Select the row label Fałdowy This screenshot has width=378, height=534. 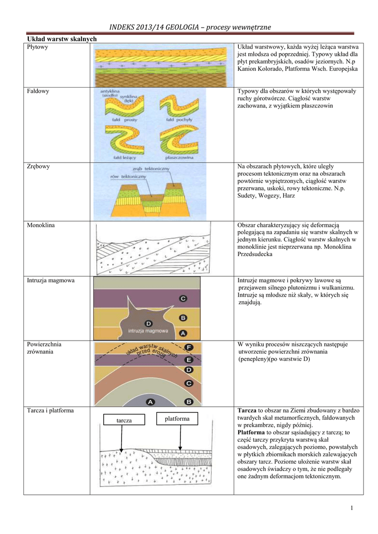pos(38,91)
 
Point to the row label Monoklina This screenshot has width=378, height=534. pos(41,225)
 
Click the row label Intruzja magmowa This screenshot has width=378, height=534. pos(51,281)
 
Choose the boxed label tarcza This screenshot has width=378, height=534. pos(124,420)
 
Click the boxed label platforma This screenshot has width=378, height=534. pos(178,419)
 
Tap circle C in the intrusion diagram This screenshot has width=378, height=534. pos(183,299)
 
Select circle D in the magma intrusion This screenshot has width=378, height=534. pos(149,323)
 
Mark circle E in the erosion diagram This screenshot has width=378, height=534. pos(189,359)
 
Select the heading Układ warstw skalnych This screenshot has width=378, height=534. pos(62,39)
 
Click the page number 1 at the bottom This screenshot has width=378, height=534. pos(352,508)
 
